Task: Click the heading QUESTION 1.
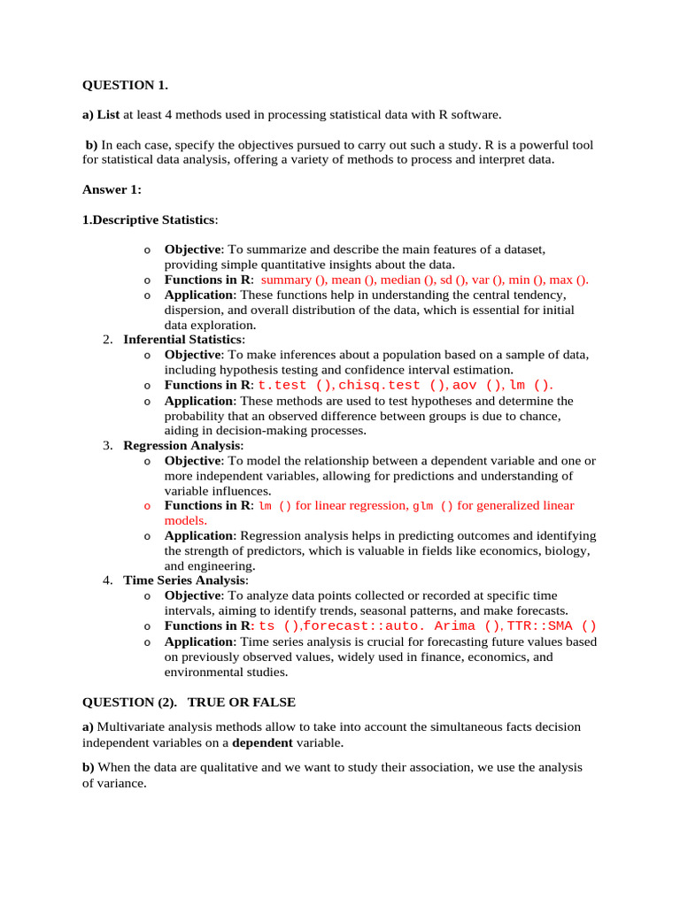point(125,85)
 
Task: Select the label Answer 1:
point(112,189)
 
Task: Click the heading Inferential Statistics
point(182,340)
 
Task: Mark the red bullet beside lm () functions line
point(147,506)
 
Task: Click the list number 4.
point(107,580)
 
